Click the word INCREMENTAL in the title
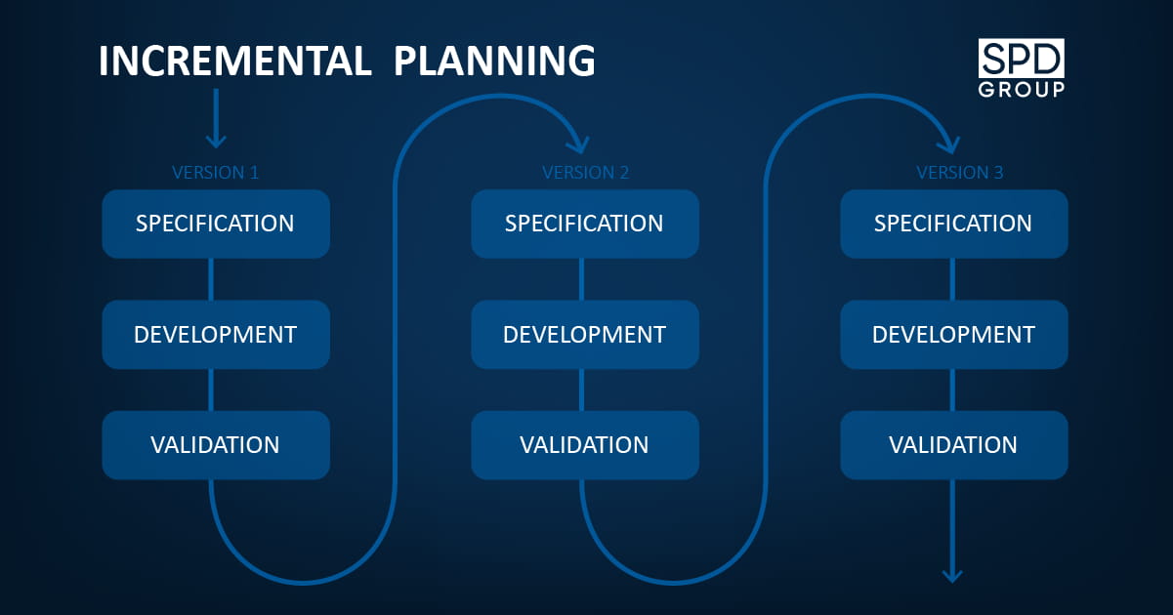[235, 61]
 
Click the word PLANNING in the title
[494, 61]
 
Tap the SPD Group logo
[1022, 68]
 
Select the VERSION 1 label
[215, 172]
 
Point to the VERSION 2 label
[585, 172]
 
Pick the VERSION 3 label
[959, 172]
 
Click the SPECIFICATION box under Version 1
[216, 224]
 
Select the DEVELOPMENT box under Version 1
[216, 335]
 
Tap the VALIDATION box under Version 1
[216, 445]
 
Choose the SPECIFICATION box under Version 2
[585, 224]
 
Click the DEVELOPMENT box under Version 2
[585, 335]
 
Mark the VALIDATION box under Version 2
[585, 445]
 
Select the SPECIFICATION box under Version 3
[954, 224]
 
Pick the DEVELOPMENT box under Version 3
[954, 335]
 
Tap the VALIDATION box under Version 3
[954, 445]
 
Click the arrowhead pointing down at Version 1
[216, 142]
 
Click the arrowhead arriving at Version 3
[950, 145]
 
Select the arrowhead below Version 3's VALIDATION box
[952, 576]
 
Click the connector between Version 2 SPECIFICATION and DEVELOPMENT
[581, 279]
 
